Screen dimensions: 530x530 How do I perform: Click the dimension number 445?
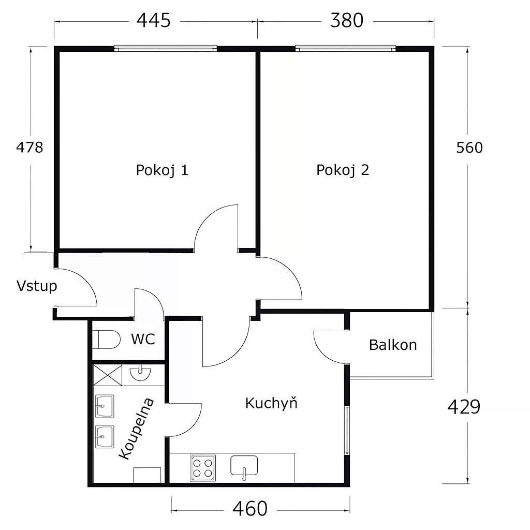click(153, 20)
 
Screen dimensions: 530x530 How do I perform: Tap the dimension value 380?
click(347, 20)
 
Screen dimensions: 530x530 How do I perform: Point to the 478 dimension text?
click(30, 148)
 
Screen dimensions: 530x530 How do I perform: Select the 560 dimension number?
click(469, 148)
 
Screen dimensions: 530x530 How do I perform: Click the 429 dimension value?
click(464, 407)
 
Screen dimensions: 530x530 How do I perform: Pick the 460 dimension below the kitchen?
click(250, 508)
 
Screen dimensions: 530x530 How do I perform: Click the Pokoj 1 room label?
click(162, 170)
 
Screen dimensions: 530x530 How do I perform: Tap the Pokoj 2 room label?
click(343, 170)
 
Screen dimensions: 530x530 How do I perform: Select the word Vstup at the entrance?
click(37, 286)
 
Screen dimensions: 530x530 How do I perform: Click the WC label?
click(143, 339)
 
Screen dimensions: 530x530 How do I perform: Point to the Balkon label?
click(393, 345)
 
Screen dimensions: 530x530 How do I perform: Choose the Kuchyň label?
click(271, 403)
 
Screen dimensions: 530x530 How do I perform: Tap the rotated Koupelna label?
click(137, 429)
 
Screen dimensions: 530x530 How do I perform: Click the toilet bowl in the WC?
click(106, 339)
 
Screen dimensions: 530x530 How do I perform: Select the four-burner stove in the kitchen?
click(203, 468)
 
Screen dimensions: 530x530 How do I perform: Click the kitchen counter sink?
click(244, 465)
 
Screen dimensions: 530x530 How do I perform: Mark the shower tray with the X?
click(108, 375)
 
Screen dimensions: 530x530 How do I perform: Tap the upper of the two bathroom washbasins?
click(105, 406)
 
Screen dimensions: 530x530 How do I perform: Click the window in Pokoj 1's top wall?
click(165, 49)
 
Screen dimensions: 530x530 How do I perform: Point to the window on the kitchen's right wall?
click(347, 430)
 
